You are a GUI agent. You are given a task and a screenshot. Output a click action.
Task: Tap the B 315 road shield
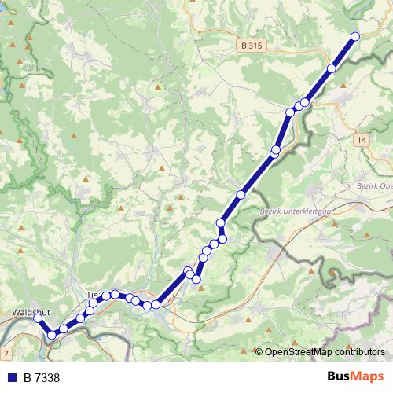pyautogui.click(x=252, y=46)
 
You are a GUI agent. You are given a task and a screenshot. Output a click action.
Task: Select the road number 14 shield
pyautogui.click(x=361, y=139)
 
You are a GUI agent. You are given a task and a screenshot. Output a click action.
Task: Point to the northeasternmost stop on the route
pyautogui.click(x=355, y=36)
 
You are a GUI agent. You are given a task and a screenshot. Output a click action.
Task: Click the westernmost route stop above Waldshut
pyautogui.click(x=37, y=318)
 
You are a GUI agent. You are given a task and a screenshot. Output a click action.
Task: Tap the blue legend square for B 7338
pyautogui.click(x=11, y=378)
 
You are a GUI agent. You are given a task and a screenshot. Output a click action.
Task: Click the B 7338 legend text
pyautogui.click(x=42, y=378)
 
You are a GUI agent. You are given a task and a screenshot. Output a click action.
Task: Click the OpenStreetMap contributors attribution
pyautogui.click(x=320, y=352)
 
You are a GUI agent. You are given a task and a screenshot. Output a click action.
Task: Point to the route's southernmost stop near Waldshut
pyautogui.click(x=52, y=336)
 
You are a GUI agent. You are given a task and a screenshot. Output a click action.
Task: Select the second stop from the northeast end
pyautogui.click(x=332, y=69)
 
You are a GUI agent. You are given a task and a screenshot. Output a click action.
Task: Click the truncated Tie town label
pyautogui.click(x=91, y=294)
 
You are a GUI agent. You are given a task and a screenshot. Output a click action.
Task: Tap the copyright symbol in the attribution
pyautogui.click(x=259, y=352)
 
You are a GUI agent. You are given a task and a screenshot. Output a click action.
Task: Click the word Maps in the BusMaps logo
pyautogui.click(x=369, y=376)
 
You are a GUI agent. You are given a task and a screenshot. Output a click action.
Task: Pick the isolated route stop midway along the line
pyautogui.click(x=241, y=194)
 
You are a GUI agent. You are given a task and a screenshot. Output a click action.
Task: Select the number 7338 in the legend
pyautogui.click(x=47, y=378)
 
